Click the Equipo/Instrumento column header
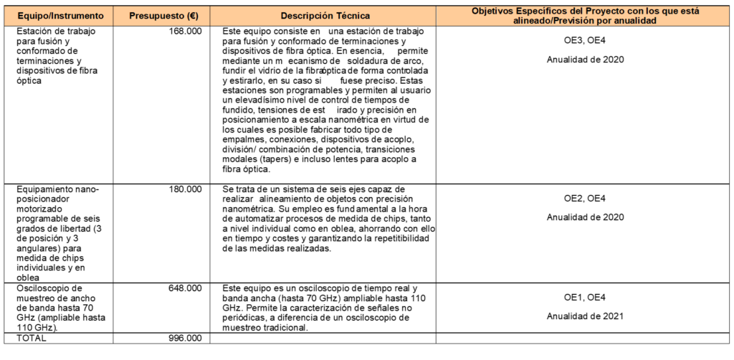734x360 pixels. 61,15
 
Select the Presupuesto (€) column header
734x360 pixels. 163,15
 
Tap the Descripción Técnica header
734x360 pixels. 325,15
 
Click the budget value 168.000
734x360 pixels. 189,32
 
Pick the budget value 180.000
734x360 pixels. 189,189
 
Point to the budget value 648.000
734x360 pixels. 189,288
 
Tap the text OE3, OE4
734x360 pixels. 586,41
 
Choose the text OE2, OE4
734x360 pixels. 586,198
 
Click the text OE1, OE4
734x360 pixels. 586,298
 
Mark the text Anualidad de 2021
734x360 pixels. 586,316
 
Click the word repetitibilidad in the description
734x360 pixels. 393,239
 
